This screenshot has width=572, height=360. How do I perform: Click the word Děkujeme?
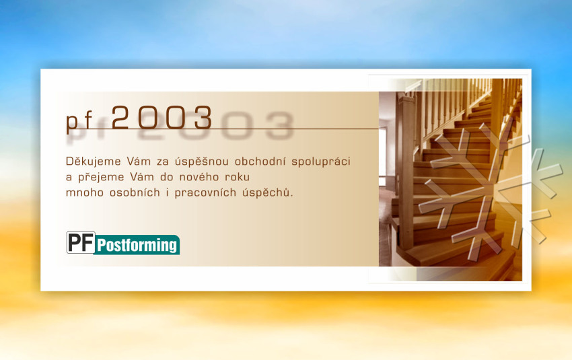pyautogui.click(x=94, y=162)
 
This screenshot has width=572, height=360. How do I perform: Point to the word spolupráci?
pyautogui.click(x=321, y=161)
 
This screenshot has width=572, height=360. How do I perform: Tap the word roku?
pyautogui.click(x=237, y=177)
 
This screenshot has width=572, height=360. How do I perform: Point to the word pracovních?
pyautogui.click(x=205, y=193)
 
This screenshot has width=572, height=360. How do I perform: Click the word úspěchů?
pyautogui.click(x=267, y=192)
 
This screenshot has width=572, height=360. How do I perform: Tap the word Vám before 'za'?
pyautogui.click(x=139, y=161)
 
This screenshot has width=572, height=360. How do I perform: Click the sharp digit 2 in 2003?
pyautogui.click(x=120, y=117)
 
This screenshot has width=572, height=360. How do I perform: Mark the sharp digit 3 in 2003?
pyautogui.click(x=203, y=117)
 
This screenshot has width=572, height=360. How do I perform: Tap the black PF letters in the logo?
pyautogui.click(x=81, y=242)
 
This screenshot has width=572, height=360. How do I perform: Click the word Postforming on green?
pyautogui.click(x=137, y=245)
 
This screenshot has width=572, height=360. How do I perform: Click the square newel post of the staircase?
pyautogui.click(x=406, y=172)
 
